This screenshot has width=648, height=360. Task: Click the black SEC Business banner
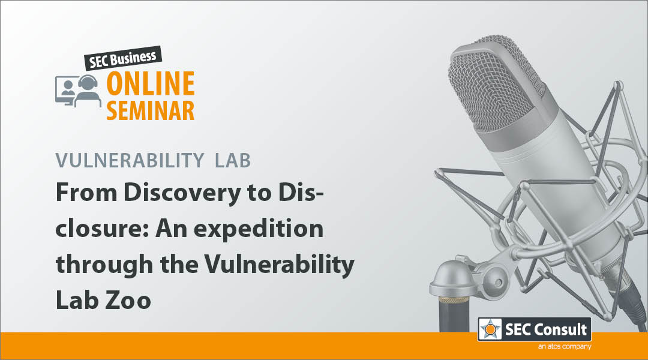click(123, 58)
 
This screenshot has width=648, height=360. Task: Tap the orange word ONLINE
click(151, 83)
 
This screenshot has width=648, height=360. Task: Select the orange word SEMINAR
click(151, 110)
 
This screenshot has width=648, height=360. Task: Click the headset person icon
click(88, 91)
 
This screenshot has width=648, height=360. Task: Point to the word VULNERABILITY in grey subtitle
click(130, 160)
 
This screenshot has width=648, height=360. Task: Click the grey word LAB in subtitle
click(233, 160)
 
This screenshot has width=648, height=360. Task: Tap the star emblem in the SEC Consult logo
click(490, 329)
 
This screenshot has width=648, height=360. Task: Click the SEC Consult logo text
click(546, 329)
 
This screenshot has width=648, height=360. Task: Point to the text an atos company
click(565, 346)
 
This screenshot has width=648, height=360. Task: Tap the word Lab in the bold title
click(76, 300)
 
